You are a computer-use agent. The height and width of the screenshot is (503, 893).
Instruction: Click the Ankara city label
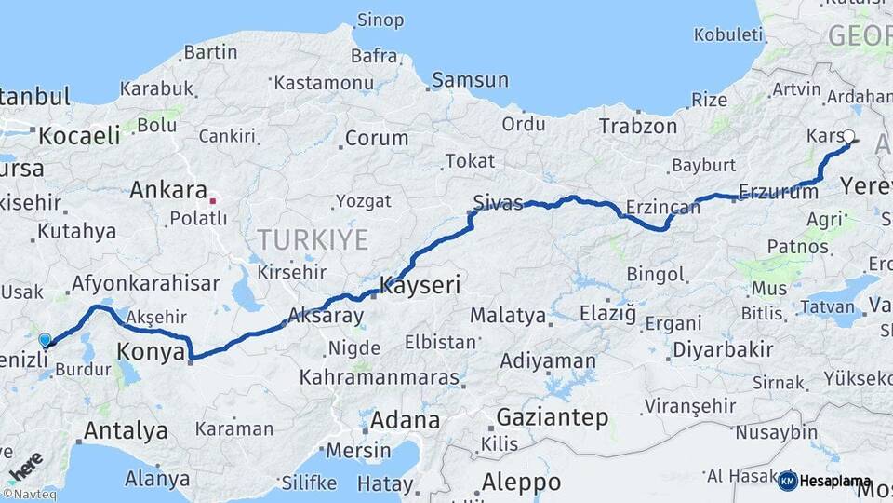point(167,190)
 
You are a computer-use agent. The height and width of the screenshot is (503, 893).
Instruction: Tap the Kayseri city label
point(420,285)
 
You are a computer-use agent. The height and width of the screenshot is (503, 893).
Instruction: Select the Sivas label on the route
point(498,203)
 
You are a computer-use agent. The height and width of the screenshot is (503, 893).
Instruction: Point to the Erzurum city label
point(777,192)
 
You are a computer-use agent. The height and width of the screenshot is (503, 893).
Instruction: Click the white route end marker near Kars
point(848,136)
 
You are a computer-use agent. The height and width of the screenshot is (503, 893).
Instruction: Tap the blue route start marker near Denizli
point(45,341)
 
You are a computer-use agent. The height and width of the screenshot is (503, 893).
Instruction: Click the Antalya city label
point(126,430)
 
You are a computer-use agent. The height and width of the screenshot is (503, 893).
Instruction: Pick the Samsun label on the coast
point(470,80)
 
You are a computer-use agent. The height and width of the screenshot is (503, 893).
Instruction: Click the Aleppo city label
point(521,483)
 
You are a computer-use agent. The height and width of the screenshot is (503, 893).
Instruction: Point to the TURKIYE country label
point(313,240)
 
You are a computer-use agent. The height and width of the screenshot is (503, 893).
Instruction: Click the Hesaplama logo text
point(834,482)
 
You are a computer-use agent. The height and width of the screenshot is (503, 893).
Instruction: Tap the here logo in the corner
point(24,463)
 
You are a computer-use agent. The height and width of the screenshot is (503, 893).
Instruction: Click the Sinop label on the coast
point(381,20)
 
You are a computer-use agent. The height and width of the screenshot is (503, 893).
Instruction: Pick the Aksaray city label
point(326,317)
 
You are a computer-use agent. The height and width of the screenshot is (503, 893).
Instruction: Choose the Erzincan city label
point(662,207)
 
